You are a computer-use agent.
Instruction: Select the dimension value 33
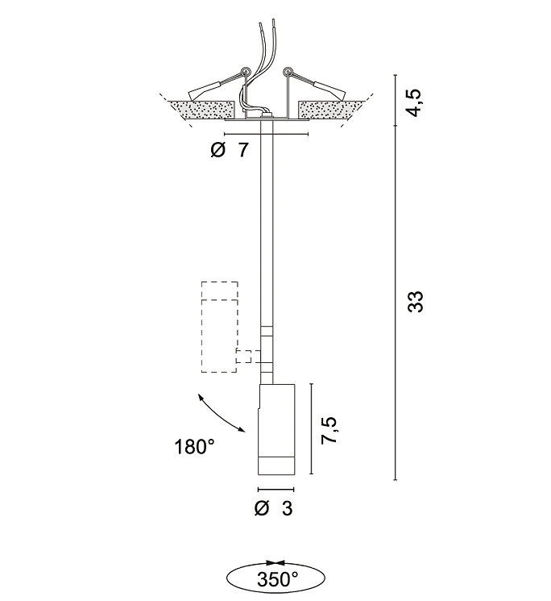coord(416,302)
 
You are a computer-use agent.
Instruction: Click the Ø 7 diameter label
coord(230,150)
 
